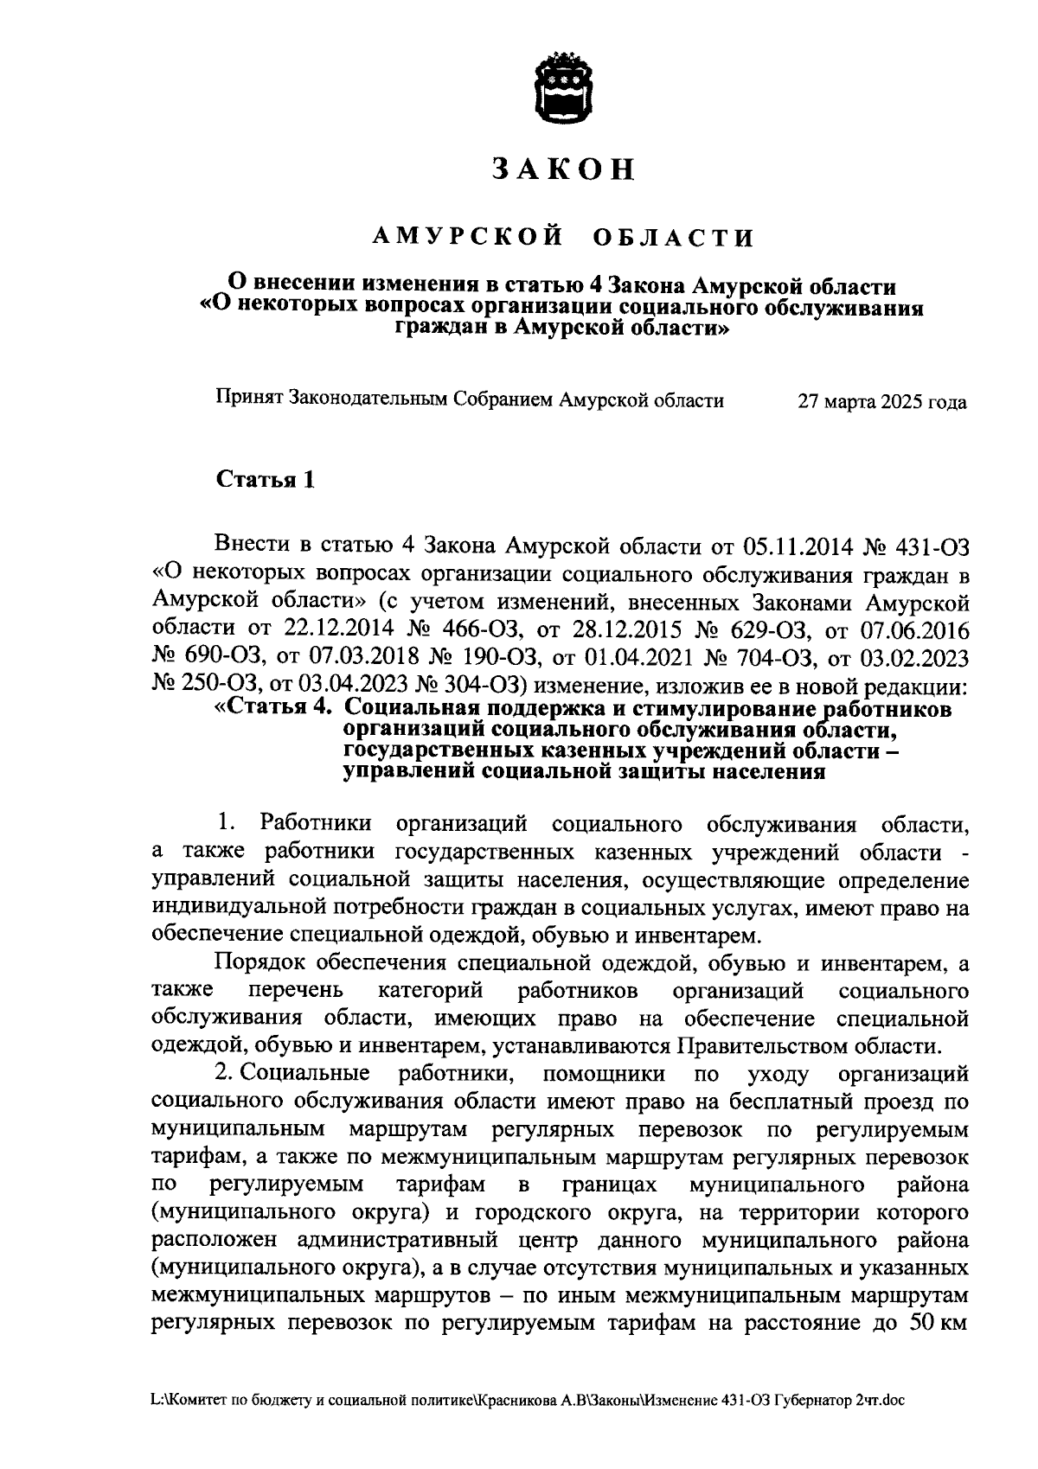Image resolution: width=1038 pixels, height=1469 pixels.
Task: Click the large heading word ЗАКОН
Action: (x=564, y=169)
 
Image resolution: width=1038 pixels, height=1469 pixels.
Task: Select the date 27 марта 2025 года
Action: (x=882, y=402)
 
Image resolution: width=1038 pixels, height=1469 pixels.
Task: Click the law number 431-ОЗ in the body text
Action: (x=932, y=546)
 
